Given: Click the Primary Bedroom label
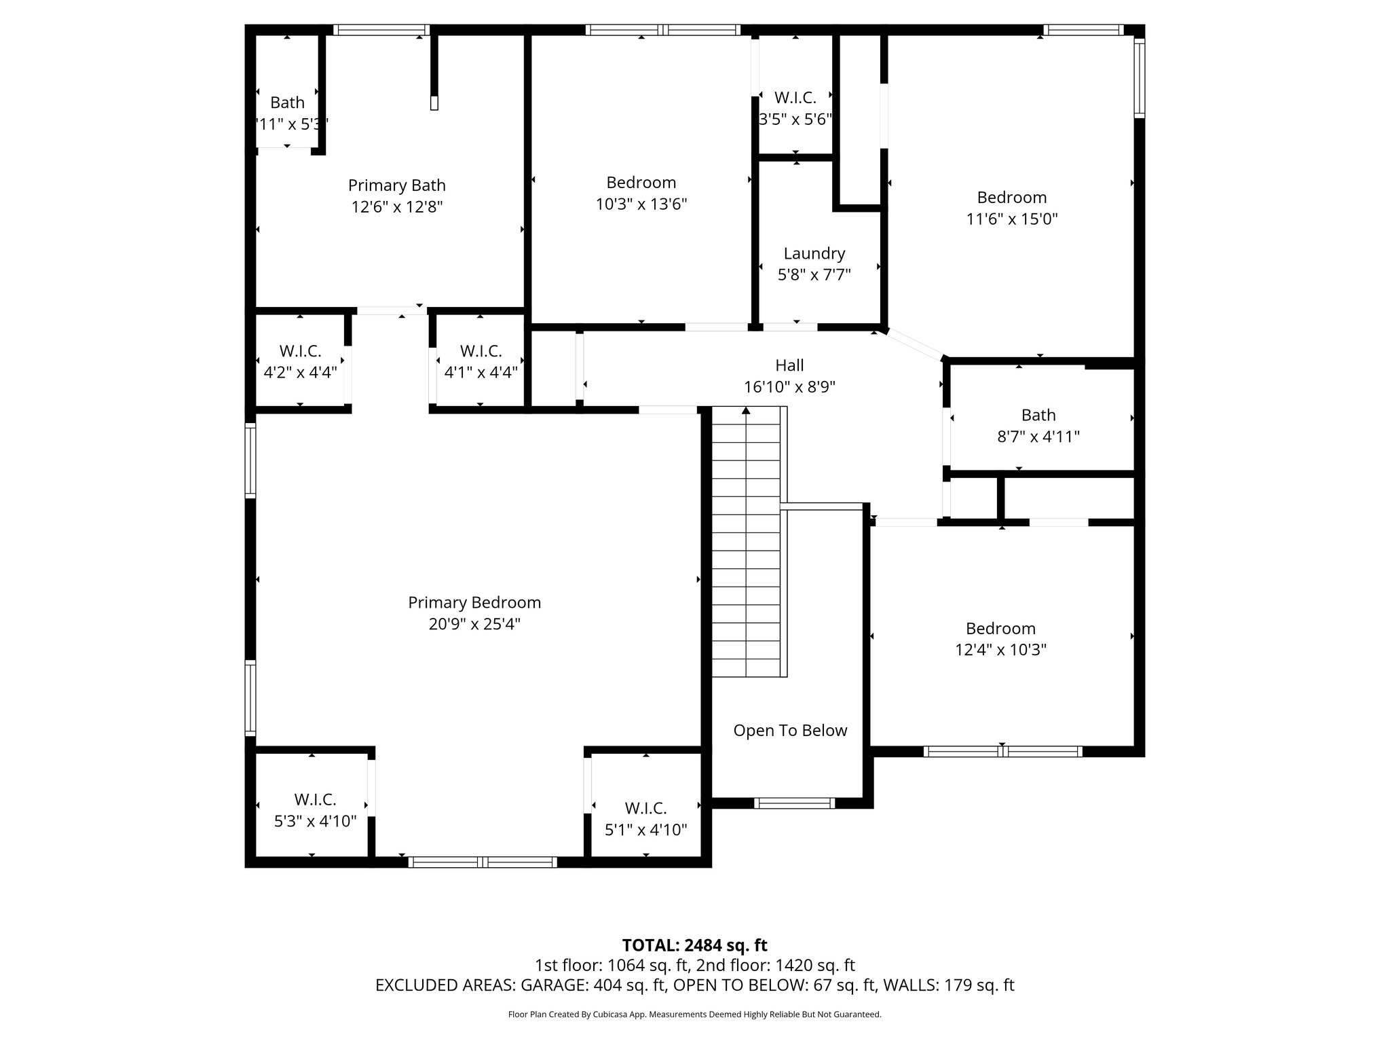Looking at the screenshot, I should (474, 602).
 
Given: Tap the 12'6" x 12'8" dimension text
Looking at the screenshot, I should (397, 207).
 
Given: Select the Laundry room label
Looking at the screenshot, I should (814, 253).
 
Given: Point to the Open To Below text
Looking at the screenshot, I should (790, 731).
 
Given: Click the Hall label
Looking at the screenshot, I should (789, 365).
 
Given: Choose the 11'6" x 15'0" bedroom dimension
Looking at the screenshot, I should (1011, 219).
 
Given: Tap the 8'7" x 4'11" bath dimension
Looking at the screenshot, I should (1038, 437).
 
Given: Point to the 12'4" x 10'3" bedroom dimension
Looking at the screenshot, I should (1000, 650).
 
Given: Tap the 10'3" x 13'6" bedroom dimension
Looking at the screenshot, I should (641, 204).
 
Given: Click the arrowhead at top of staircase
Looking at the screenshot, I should (746, 411).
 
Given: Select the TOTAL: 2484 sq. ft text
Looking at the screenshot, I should (694, 945).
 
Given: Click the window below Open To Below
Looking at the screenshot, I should (794, 803).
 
